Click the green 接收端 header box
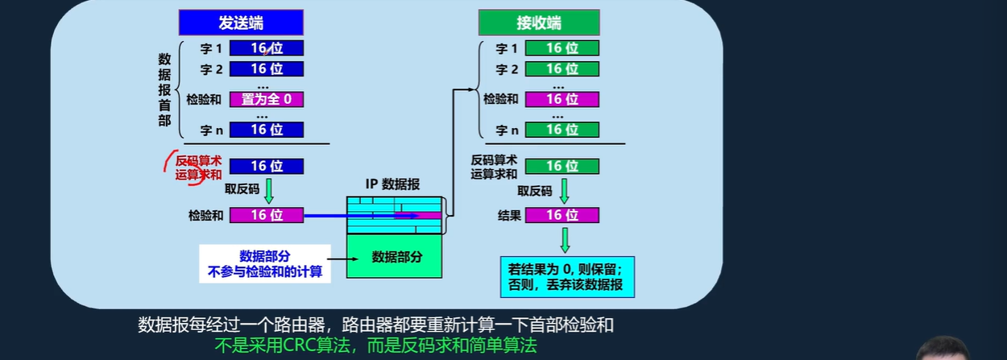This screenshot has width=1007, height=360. (539, 23)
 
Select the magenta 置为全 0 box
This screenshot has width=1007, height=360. (267, 99)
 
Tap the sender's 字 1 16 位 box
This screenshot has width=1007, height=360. (267, 48)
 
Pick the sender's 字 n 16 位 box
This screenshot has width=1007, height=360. (267, 129)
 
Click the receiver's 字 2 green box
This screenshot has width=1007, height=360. (562, 69)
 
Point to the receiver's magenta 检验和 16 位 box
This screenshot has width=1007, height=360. (562, 99)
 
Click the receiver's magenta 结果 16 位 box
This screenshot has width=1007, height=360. (562, 215)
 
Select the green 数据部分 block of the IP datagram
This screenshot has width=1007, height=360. (396, 257)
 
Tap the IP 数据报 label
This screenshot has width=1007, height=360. (392, 184)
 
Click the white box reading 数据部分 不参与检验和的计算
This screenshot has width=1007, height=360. (265, 264)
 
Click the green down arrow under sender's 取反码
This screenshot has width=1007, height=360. (269, 191)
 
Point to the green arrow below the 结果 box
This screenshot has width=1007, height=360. (565, 239)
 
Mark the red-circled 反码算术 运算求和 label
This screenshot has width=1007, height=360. (199, 167)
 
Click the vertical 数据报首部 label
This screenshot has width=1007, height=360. (164, 89)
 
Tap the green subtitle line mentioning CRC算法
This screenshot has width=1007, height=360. (375, 347)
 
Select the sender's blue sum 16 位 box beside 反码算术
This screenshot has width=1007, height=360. (267, 166)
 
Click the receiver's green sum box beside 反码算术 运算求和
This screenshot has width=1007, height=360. (562, 166)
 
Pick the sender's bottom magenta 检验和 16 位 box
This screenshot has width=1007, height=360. (267, 215)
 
